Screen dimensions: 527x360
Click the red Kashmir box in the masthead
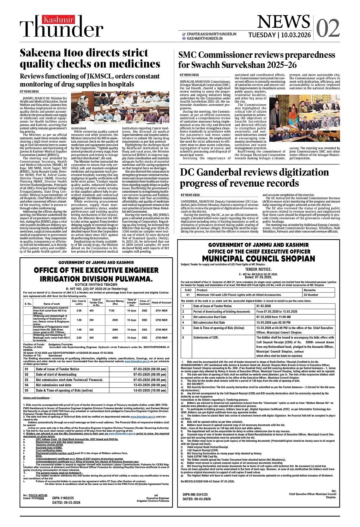[x=59, y=20]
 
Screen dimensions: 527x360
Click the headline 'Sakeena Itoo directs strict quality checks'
[x=90, y=58]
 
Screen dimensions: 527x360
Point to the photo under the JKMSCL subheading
[x=120, y=108]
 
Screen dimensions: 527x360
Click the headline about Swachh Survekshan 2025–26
[x=257, y=60]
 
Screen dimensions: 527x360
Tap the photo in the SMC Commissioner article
[x=304, y=120]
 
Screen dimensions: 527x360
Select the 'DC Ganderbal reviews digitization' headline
[x=255, y=177]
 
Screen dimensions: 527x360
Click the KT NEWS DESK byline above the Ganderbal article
[x=190, y=195]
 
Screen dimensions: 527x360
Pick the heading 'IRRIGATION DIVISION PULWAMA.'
[x=96, y=279]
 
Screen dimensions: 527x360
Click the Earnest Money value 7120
[x=111, y=310]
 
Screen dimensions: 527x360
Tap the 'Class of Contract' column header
[x=144, y=302]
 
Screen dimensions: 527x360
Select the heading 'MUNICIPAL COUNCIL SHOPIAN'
[x=259, y=259]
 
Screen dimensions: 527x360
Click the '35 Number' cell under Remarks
[x=311, y=295]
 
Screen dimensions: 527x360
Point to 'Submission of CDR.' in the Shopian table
[x=206, y=337]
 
